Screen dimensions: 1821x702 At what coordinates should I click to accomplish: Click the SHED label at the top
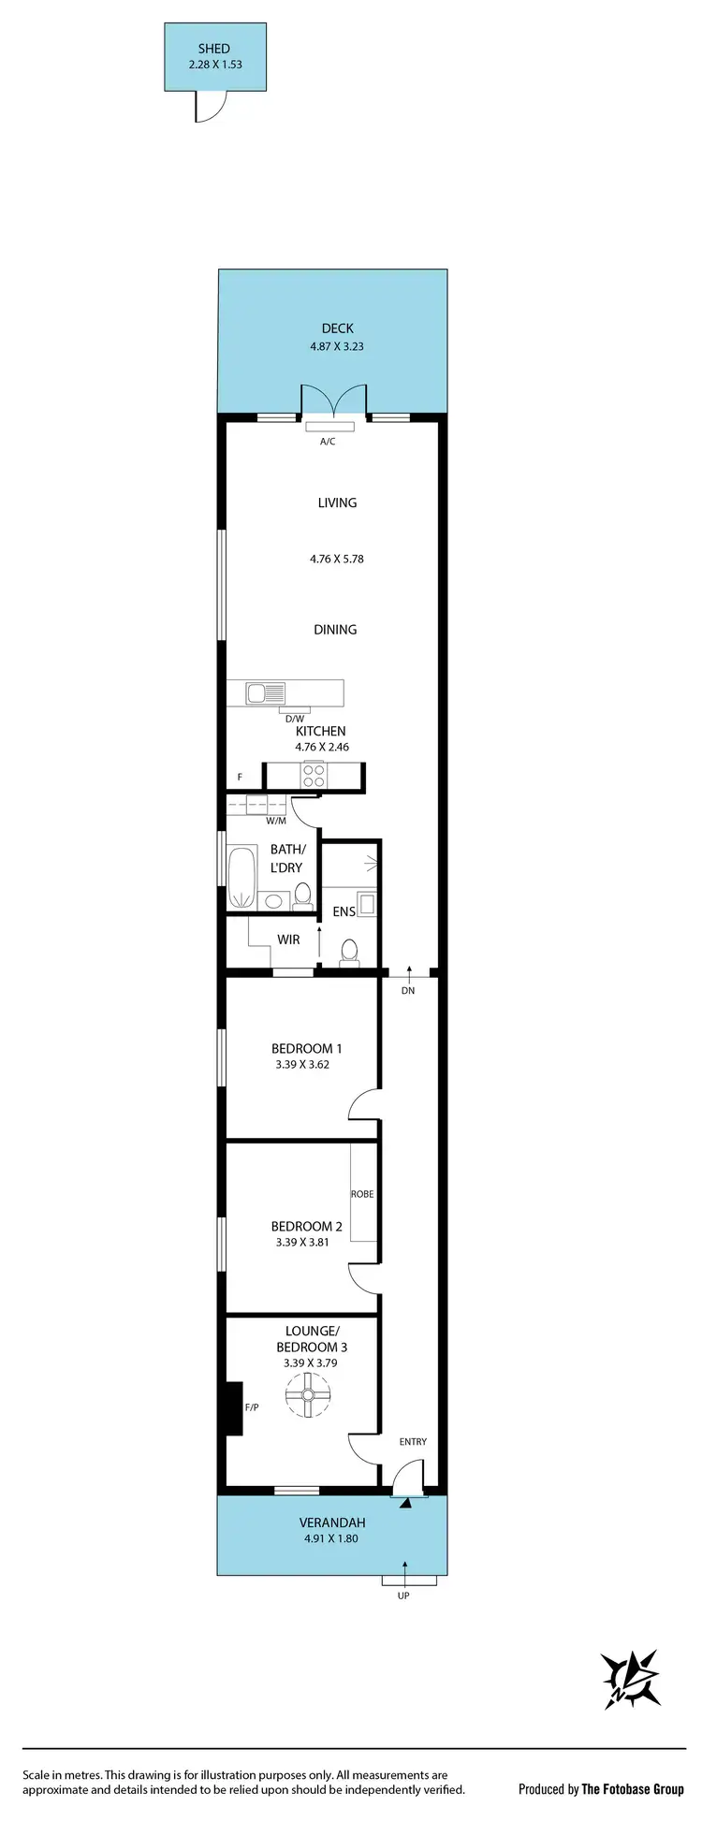213,49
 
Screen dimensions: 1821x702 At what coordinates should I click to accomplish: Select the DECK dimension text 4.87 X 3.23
337,346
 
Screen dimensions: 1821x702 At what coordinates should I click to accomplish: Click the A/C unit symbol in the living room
328,426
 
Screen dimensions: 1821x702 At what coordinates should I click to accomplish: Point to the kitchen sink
266,693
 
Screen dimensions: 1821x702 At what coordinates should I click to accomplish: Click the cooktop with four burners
314,777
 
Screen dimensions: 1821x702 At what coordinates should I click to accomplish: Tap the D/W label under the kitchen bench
295,719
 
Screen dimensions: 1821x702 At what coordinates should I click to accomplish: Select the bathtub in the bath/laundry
241,877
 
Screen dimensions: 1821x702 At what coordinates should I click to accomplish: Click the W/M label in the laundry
275,821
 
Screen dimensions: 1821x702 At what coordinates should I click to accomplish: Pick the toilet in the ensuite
349,952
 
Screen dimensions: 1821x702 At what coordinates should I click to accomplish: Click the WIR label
288,940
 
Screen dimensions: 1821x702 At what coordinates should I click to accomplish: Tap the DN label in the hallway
408,990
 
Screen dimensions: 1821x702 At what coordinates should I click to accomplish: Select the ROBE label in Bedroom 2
362,1194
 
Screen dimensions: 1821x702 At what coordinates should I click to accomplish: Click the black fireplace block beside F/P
231,1407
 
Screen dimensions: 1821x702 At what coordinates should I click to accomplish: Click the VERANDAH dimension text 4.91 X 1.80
332,1538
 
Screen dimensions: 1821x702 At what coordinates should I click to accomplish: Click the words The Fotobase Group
633,1789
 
